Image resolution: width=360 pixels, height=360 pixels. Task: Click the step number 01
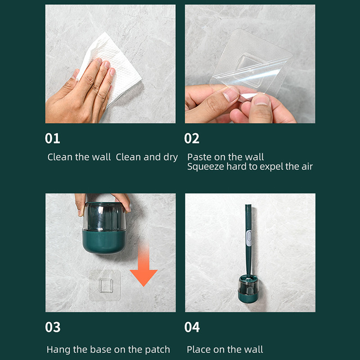click(x=53, y=138)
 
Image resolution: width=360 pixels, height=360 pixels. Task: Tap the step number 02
click(x=192, y=138)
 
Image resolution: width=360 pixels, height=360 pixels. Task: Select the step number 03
click(x=53, y=327)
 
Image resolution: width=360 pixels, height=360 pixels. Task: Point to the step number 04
click(x=192, y=327)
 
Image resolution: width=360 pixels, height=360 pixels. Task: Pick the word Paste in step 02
click(x=199, y=157)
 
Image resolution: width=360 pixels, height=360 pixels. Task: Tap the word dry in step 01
click(x=171, y=157)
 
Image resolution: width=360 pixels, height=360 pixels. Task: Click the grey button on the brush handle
click(x=249, y=237)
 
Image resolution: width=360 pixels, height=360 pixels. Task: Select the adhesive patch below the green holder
click(x=105, y=285)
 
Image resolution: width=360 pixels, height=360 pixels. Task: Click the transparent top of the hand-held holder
click(x=104, y=216)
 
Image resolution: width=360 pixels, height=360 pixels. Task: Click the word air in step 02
click(x=307, y=167)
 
